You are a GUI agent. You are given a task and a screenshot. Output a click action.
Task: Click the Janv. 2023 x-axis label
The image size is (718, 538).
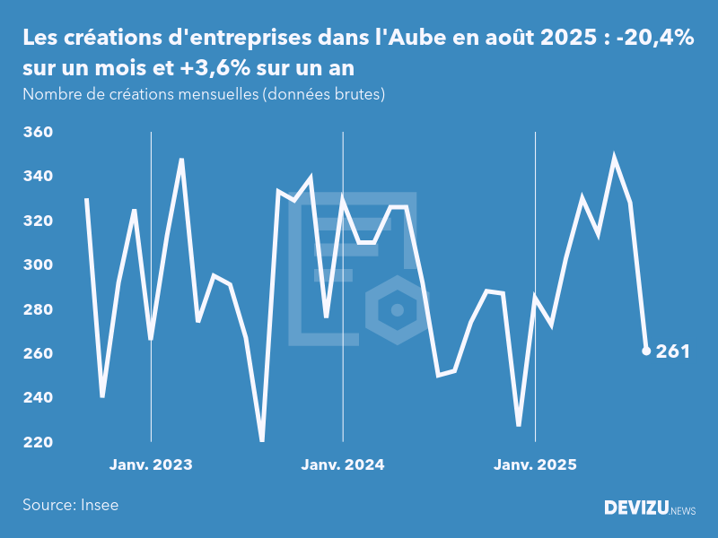151,465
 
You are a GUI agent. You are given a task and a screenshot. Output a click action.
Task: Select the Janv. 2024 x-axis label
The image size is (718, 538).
343,465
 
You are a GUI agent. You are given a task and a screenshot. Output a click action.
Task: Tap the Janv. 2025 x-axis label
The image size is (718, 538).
535,465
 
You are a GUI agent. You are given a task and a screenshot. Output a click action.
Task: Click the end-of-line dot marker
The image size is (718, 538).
646,351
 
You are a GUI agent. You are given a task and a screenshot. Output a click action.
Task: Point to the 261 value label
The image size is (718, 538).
672,351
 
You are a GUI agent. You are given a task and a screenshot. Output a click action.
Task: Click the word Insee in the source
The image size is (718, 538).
99,505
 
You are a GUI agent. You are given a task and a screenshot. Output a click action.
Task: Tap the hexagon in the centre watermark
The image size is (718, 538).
395,310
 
